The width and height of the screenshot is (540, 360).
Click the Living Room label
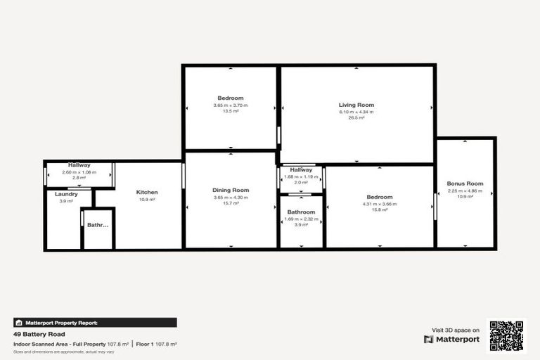[356, 105]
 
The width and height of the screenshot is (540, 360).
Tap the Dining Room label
[231, 190]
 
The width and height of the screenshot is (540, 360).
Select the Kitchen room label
[147, 192]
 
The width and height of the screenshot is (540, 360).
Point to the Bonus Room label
[465, 184]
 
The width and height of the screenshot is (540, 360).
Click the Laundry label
[66, 194]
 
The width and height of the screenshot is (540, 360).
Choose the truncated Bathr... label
[98, 225]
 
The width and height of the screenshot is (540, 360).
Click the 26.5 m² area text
[356, 118]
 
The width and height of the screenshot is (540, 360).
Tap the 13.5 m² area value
[231, 111]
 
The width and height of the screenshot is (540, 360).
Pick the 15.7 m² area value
[231, 203]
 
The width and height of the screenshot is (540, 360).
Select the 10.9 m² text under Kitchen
[147, 200]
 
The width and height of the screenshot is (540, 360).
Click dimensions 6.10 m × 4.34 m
[356, 112]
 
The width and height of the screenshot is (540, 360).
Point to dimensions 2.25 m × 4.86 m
[465, 191]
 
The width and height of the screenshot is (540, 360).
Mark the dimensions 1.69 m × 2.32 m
[302, 219]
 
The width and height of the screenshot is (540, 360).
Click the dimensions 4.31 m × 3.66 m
[380, 204]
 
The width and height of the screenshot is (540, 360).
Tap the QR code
[507, 336]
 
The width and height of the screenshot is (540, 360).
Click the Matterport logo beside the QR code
[451, 339]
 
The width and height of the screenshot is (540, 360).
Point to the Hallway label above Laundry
[79, 165]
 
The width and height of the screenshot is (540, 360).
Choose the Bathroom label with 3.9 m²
[302, 212]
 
